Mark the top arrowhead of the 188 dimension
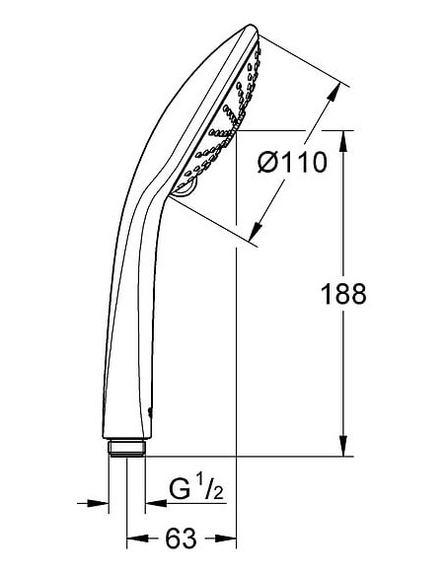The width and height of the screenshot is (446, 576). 342,138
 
